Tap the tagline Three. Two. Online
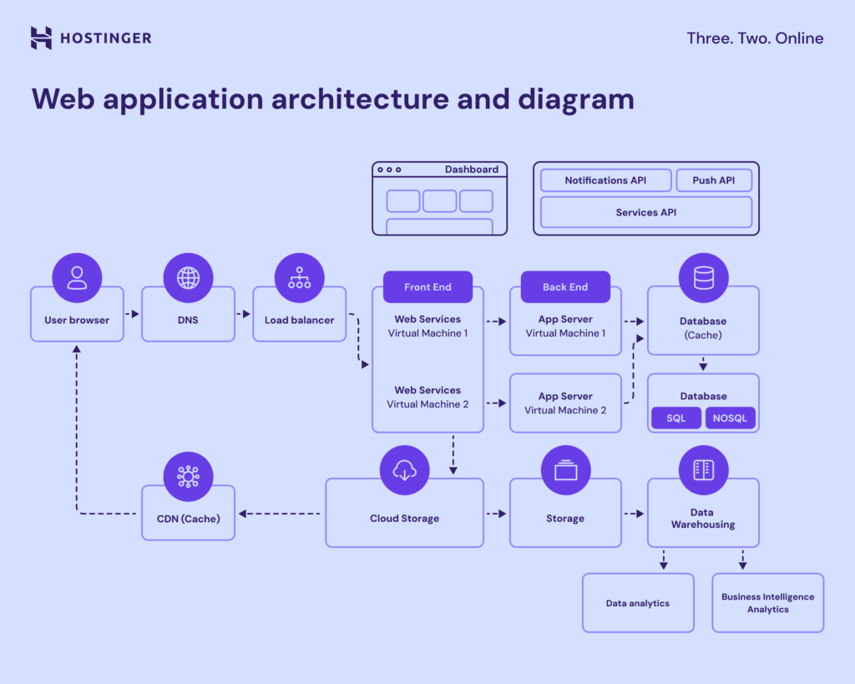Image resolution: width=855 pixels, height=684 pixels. click(x=754, y=38)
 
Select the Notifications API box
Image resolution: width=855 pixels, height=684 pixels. click(x=605, y=180)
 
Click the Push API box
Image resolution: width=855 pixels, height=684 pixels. click(x=714, y=180)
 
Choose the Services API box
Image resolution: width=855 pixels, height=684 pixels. click(x=646, y=212)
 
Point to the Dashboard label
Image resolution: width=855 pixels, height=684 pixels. click(x=471, y=170)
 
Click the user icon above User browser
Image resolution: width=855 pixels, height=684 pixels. click(x=77, y=277)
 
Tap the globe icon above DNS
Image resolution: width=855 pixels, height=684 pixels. click(x=188, y=277)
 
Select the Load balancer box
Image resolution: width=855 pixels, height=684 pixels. click(x=299, y=320)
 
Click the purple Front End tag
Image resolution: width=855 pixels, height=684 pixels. click(x=427, y=286)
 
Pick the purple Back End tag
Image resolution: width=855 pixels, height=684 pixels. click(x=565, y=286)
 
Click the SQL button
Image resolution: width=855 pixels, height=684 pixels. click(x=676, y=418)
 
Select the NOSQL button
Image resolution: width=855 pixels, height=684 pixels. click(x=731, y=418)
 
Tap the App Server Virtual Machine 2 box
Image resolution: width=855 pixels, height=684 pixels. click(x=565, y=403)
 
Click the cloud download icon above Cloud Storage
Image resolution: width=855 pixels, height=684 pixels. click(x=404, y=470)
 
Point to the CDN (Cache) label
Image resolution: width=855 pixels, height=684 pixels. click(x=189, y=519)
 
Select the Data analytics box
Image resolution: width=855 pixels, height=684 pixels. click(x=638, y=603)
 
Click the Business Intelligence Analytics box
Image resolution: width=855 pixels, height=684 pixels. click(x=767, y=603)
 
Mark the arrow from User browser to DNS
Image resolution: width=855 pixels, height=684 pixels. click(x=132, y=315)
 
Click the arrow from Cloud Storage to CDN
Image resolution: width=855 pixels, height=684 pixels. click(x=280, y=514)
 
